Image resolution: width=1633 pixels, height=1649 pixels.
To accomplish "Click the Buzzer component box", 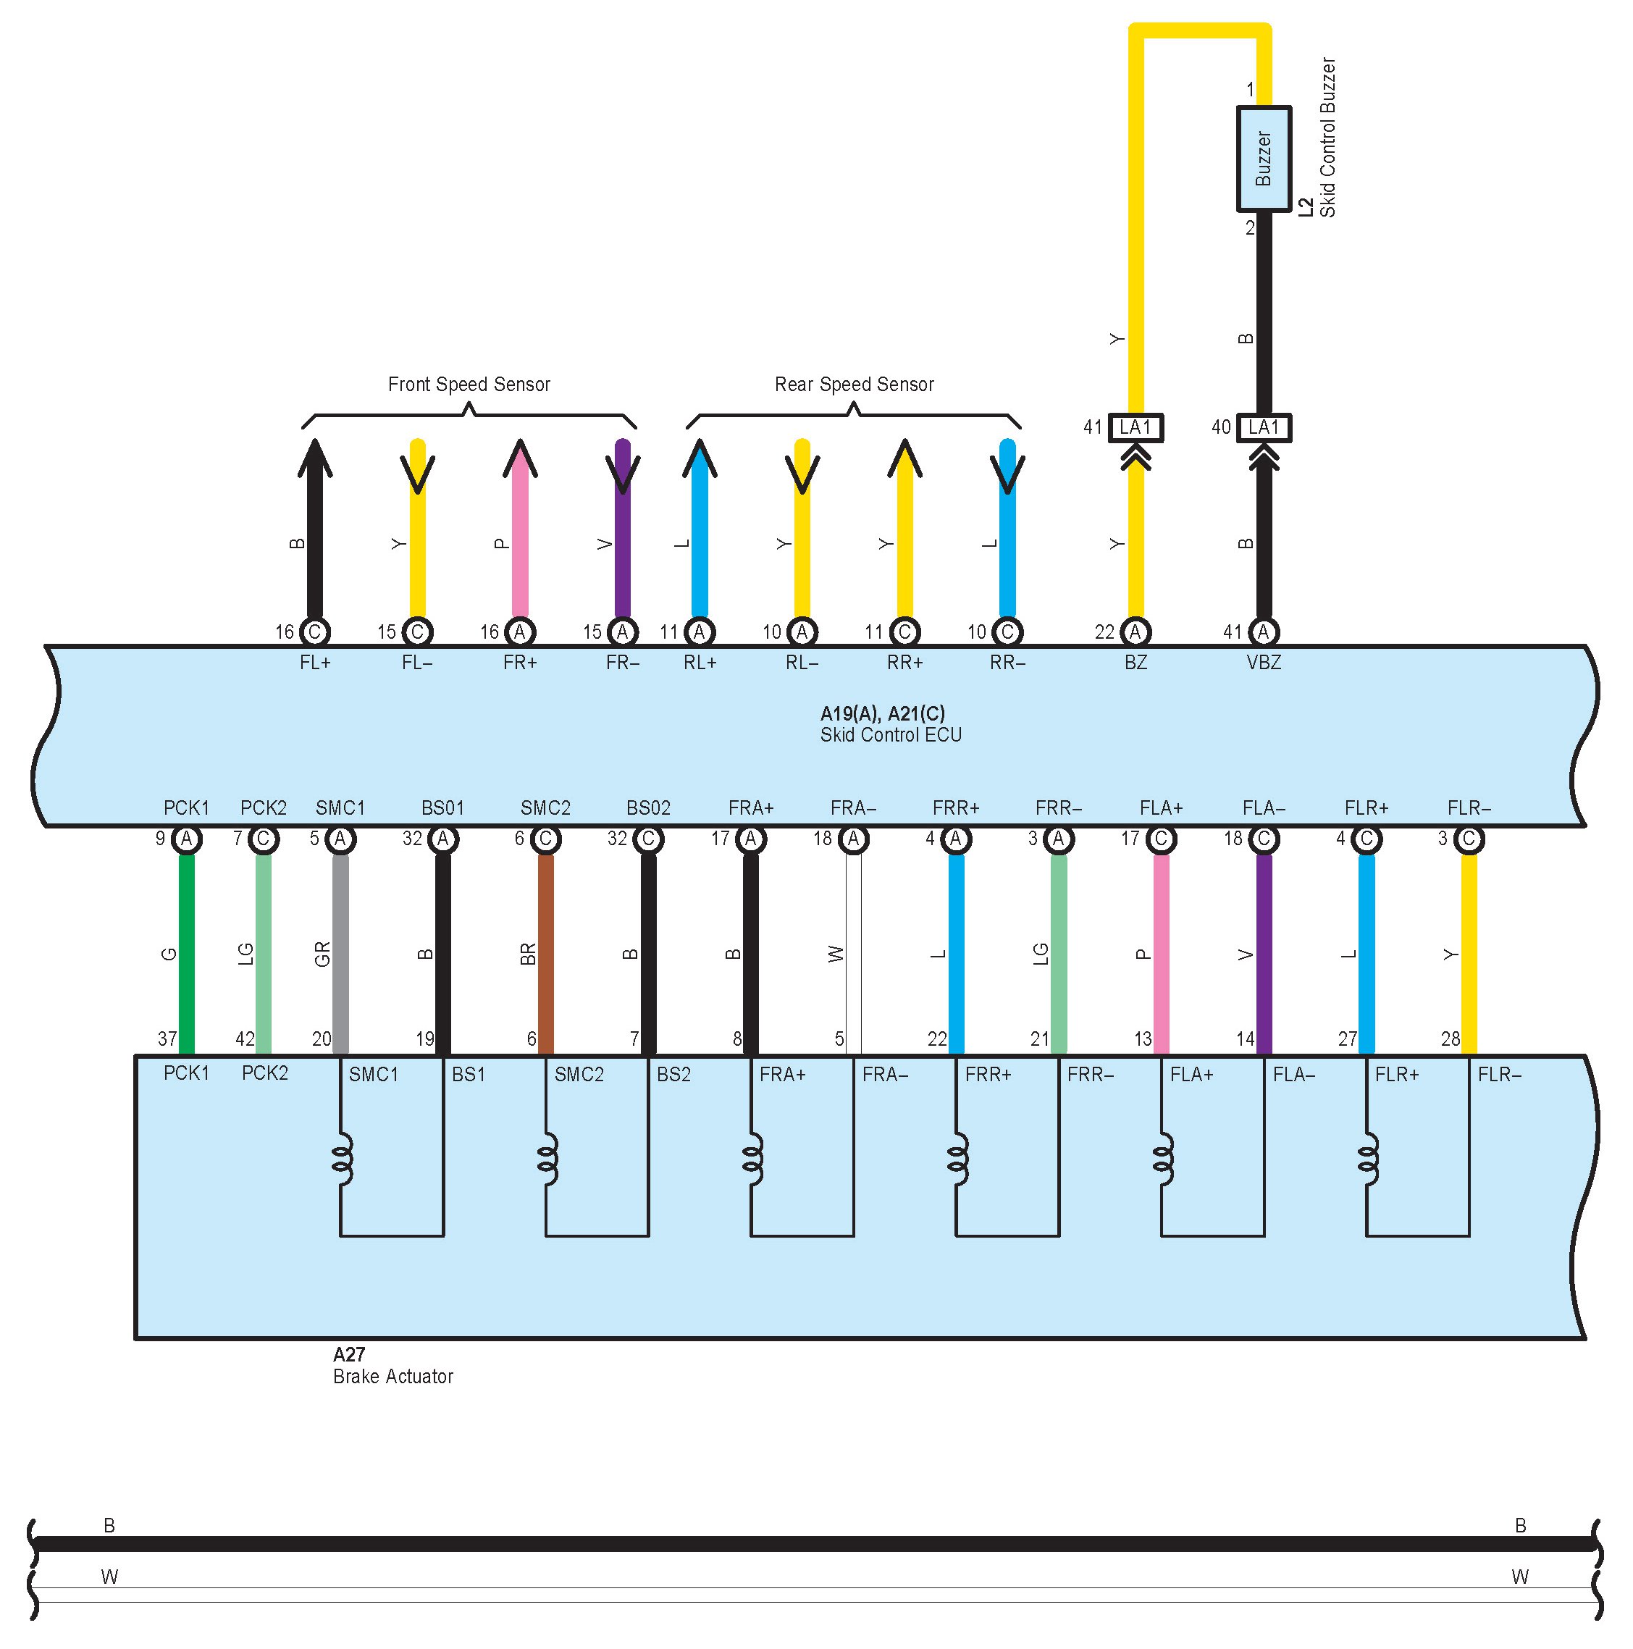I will tap(1264, 159).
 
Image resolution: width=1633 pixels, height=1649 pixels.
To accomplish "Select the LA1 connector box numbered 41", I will tap(1135, 427).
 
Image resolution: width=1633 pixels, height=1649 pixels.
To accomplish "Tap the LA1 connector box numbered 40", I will tap(1264, 427).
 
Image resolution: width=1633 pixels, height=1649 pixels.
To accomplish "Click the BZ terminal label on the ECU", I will tap(1135, 663).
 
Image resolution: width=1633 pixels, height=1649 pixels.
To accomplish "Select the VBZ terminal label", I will tap(1264, 663).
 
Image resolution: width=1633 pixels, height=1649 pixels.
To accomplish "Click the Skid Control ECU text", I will tap(890, 736).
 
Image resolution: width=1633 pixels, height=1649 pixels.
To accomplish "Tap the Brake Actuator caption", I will tap(392, 1377).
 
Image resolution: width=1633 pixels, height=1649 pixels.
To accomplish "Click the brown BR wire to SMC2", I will tap(545, 954).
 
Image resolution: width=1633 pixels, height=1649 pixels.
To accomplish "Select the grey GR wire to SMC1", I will tap(340, 954).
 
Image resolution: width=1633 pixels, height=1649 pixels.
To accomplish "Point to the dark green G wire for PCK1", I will tap(186, 954).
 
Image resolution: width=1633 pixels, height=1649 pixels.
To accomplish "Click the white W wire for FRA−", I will tap(854, 954).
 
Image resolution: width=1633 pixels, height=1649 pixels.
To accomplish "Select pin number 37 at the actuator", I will tap(167, 1039).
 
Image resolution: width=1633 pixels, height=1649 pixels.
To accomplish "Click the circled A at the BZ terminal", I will tap(1135, 632).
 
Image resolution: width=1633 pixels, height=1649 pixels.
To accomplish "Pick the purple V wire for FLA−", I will tap(1264, 954).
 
